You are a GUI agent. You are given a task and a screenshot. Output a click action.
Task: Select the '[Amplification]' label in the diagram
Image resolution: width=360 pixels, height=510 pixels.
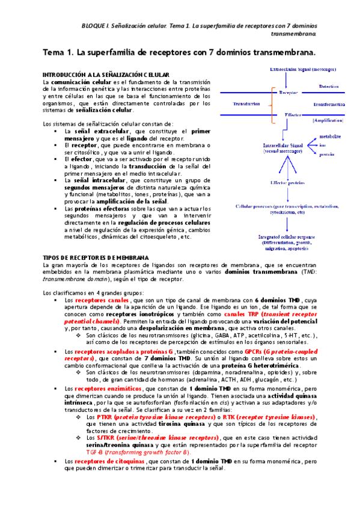[x=328, y=121]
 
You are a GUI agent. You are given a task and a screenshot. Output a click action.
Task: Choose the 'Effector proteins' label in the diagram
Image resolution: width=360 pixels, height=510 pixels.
[x=286, y=182]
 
